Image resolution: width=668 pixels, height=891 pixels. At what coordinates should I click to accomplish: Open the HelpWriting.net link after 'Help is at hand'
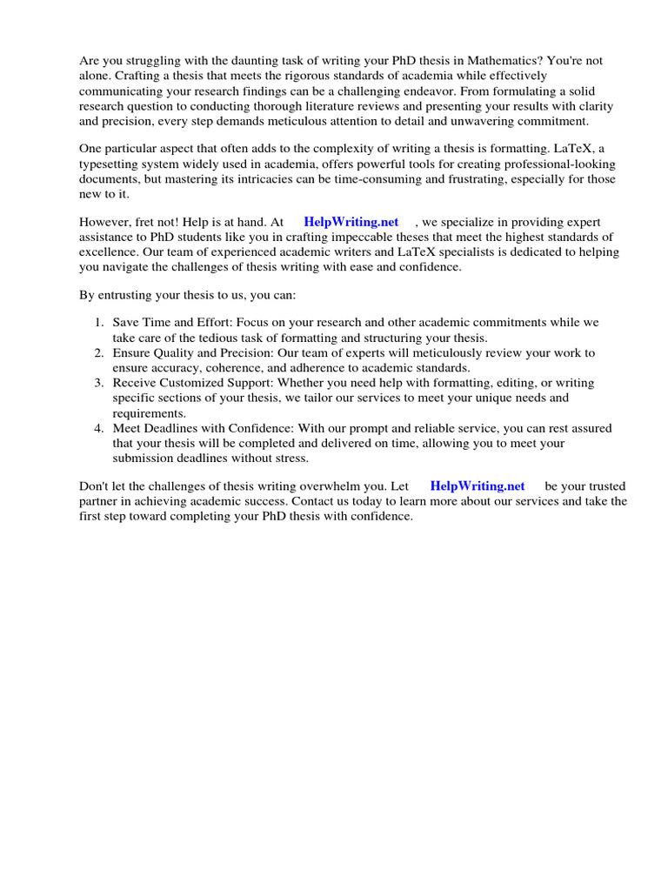pyautogui.click(x=351, y=223)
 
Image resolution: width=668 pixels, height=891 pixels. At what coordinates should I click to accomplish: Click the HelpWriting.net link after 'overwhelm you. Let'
pyautogui.click(x=478, y=486)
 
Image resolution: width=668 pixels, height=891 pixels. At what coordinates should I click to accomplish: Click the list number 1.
pyautogui.click(x=99, y=323)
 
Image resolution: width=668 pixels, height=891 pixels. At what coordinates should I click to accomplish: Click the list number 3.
pyautogui.click(x=99, y=383)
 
